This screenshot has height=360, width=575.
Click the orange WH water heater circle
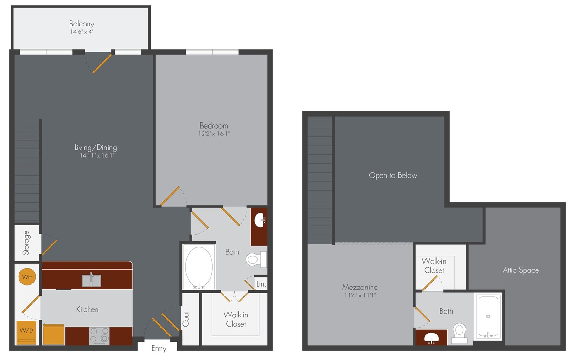pos(27,277)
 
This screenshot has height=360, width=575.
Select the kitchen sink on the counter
pos(91,280)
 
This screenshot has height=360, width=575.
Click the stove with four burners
pos(99,335)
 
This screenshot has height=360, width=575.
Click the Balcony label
pos(82,24)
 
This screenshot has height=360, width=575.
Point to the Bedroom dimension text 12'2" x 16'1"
pos(214,134)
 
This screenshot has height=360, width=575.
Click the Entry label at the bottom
pos(159,349)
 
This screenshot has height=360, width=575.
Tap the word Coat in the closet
pos(186,319)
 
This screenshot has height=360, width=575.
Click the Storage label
pos(26,243)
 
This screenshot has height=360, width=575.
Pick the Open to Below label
pos(393,175)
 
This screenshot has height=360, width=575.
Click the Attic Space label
pos(521,270)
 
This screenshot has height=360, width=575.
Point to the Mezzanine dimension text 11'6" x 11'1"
pos(359,295)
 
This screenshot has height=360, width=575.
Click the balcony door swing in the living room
pos(102,64)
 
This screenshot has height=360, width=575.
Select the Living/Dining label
pos(96,148)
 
